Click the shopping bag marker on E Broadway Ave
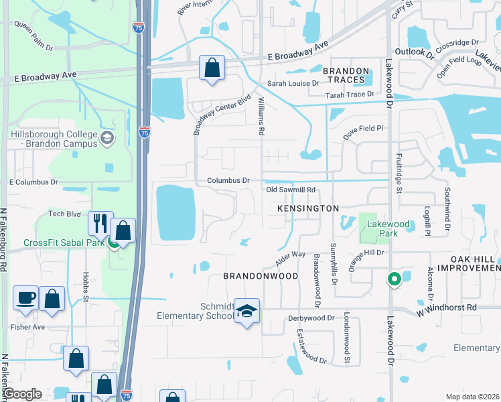(212, 68)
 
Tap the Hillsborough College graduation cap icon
(106, 139)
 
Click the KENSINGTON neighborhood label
(308, 209)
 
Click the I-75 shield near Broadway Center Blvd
(145, 132)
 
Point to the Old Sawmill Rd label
(291, 190)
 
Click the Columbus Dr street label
(228, 181)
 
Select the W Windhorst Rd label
(446, 308)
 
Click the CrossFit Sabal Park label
(64, 243)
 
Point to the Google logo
(23, 394)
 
